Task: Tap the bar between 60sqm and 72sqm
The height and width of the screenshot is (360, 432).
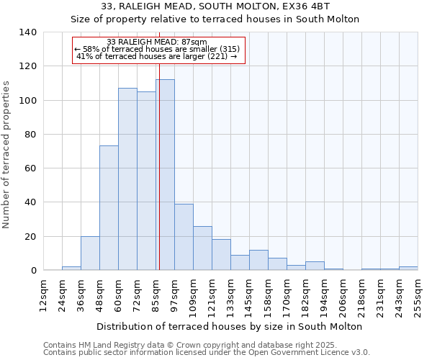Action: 127,179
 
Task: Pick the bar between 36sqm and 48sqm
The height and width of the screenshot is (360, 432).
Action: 90,253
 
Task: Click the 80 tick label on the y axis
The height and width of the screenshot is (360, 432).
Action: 30,135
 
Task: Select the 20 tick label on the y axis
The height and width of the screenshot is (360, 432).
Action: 30,237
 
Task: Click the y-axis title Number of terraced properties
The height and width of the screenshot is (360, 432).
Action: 7,155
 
